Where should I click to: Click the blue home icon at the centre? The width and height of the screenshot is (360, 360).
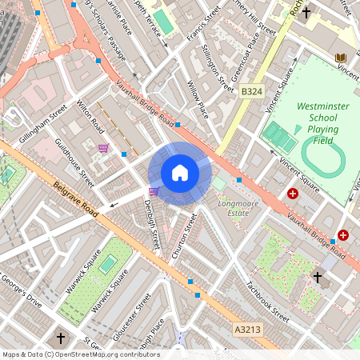click(x=180, y=173)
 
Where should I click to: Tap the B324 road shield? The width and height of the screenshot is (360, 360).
click(x=251, y=93)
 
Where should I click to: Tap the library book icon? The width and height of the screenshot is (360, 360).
click(x=341, y=58)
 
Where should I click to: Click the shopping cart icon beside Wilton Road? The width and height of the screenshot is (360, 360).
click(x=103, y=148)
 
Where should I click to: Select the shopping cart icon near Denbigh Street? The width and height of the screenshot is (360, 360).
click(x=153, y=191)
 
